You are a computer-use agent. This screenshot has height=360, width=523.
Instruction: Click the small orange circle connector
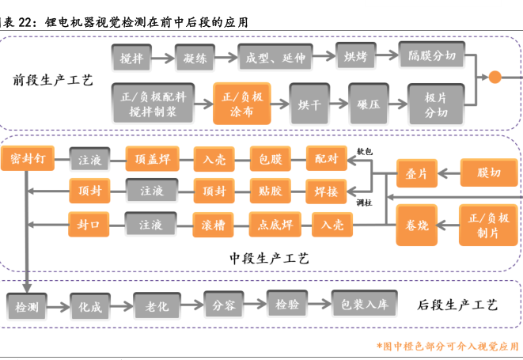pos(495,77)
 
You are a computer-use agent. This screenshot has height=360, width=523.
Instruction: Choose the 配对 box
pos(327,159)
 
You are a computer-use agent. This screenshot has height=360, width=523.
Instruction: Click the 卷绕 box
pos(416,225)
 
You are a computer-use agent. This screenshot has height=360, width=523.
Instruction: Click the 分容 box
pos(225,304)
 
